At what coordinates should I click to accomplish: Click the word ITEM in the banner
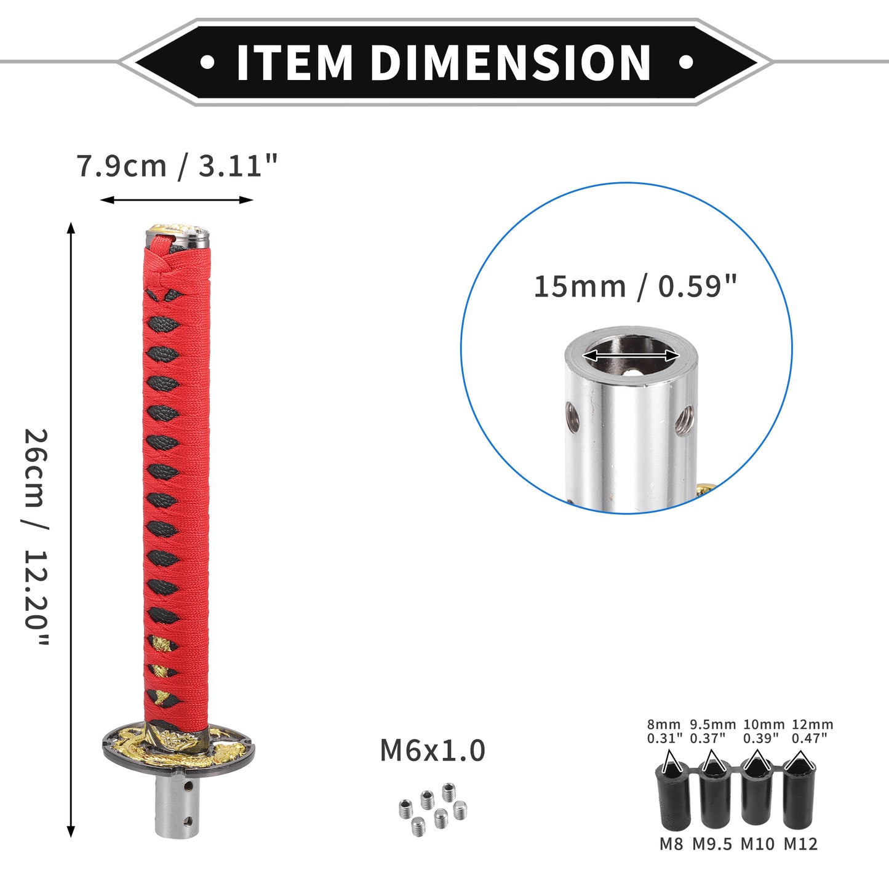click(295, 62)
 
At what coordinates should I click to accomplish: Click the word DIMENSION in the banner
click(510, 62)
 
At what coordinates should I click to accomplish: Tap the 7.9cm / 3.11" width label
click(177, 166)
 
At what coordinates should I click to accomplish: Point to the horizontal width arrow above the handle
click(177, 200)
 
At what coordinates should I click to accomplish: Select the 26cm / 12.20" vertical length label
click(36, 537)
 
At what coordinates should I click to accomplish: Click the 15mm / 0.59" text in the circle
click(636, 287)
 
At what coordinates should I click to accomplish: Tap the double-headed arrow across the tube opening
click(631, 355)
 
